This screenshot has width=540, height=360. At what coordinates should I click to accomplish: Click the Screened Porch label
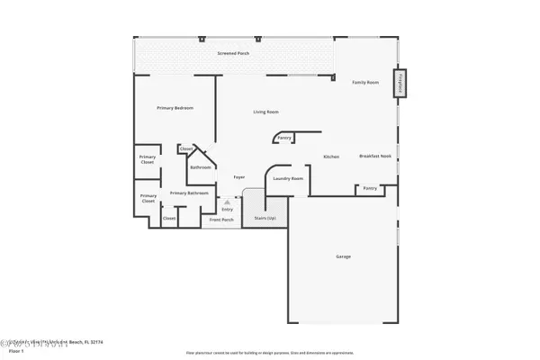pyautogui.click(x=233, y=54)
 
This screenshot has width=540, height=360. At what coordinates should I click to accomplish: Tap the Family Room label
pyautogui.click(x=364, y=82)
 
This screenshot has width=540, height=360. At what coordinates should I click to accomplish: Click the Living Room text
pyautogui.click(x=265, y=112)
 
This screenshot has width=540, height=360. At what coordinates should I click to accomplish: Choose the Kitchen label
pyautogui.click(x=331, y=157)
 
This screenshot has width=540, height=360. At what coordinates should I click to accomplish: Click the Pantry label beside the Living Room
pyautogui.click(x=284, y=138)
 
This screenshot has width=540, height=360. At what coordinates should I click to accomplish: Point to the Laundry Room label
pyautogui.click(x=288, y=178)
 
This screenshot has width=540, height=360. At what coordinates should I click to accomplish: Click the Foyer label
pyautogui.click(x=239, y=177)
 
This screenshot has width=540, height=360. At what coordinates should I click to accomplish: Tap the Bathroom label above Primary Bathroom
pyautogui.click(x=200, y=167)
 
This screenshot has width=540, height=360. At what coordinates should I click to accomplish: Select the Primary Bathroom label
pyautogui.click(x=189, y=193)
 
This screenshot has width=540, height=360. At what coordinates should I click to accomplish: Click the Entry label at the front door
pyautogui.click(x=214, y=209)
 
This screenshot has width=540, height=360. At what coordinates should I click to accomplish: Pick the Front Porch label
pyautogui.click(x=221, y=220)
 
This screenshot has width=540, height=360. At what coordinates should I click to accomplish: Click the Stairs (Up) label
pyautogui.click(x=265, y=218)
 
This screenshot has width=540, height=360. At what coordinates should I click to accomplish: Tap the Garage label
pyautogui.click(x=343, y=256)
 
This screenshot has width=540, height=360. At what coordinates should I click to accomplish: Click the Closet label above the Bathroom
pyautogui.click(x=186, y=149)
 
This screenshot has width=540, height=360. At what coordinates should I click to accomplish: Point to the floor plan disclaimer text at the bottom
pyautogui.click(x=269, y=353)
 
